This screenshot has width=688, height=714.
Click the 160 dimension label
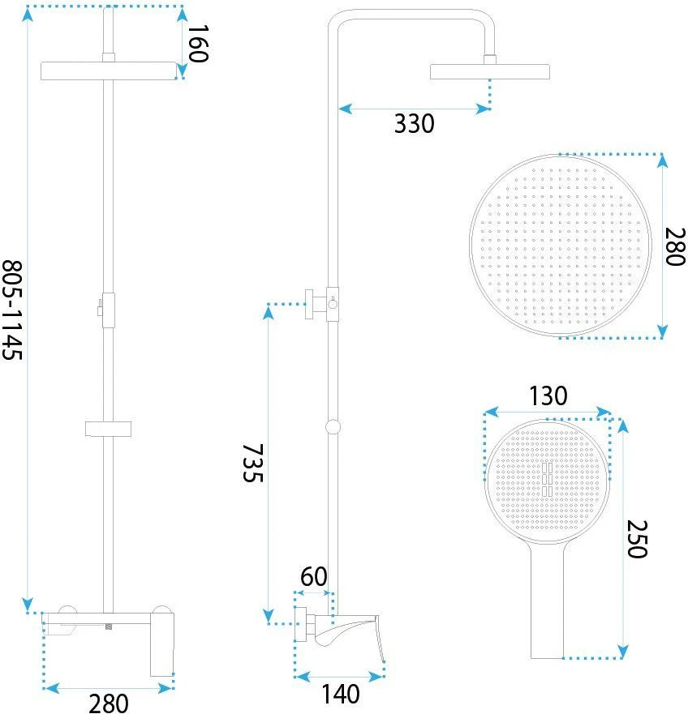(198, 44)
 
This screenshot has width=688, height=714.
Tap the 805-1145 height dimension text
(12, 310)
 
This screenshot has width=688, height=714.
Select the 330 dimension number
(414, 124)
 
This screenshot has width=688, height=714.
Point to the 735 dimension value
(252, 463)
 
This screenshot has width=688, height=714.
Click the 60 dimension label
(314, 576)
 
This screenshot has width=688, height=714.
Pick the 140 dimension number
(341, 695)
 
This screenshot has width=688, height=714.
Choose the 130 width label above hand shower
(548, 396)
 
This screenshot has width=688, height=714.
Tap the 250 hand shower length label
(637, 539)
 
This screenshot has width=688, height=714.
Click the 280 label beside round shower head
(675, 246)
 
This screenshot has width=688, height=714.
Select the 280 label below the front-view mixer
(108, 703)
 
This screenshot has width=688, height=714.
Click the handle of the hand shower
(547, 601)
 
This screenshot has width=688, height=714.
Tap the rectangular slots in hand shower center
(547, 480)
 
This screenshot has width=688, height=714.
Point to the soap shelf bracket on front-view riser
(108, 429)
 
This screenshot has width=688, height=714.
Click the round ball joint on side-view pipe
(333, 426)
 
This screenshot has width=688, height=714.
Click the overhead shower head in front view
(109, 71)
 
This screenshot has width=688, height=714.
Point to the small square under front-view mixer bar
(109, 626)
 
